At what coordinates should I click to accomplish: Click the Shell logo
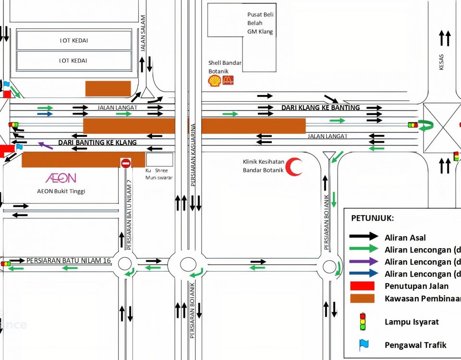point(214,81)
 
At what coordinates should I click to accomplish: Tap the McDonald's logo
point(228,81)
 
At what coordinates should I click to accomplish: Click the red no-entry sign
point(126,163)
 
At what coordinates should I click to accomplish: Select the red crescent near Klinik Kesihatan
point(294,167)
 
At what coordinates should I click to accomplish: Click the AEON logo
point(61,178)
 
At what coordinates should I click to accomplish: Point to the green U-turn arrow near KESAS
point(426,125)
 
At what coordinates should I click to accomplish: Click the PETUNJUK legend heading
point(373,218)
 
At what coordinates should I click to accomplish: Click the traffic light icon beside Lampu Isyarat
point(363,321)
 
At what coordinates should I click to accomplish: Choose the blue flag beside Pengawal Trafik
point(364,344)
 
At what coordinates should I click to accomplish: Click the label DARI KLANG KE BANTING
point(320,108)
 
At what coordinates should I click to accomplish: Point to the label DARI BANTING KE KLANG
point(97,143)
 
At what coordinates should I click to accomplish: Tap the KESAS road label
point(442,62)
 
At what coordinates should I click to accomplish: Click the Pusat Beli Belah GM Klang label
point(260,23)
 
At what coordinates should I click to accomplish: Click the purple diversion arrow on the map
point(46,145)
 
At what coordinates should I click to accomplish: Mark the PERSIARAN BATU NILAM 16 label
point(69,261)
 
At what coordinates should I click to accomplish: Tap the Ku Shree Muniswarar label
point(158,174)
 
